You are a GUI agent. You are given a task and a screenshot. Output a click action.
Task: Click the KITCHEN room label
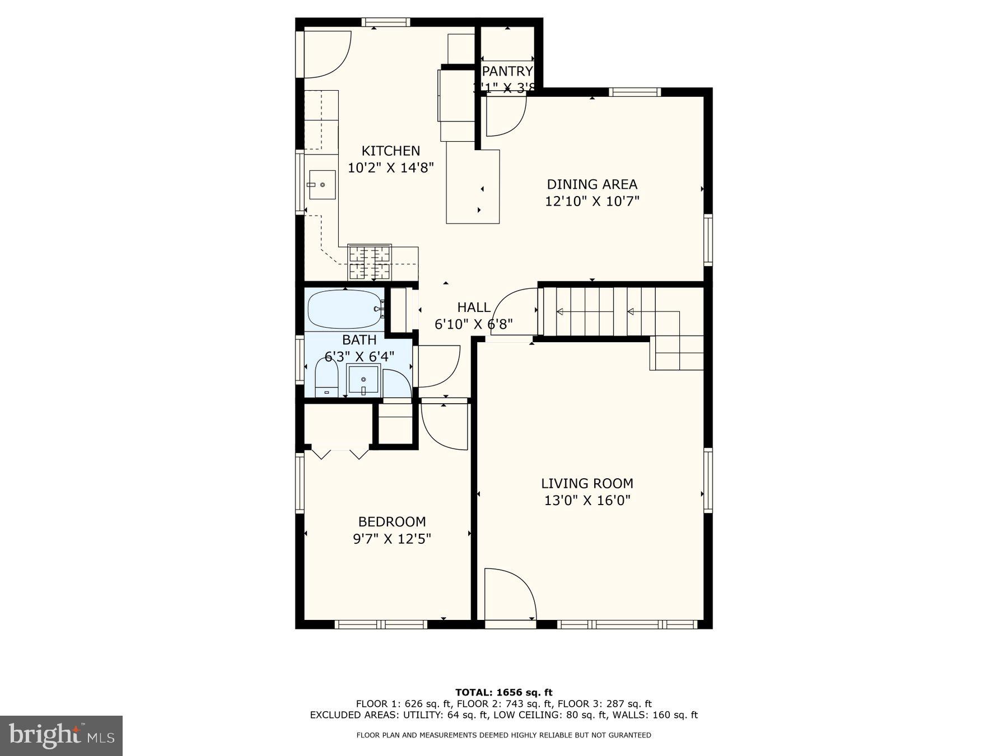point(390,151)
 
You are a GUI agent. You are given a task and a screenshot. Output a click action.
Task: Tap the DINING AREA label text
point(592,184)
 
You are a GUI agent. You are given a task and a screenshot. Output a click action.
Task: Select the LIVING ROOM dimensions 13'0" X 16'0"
point(587,500)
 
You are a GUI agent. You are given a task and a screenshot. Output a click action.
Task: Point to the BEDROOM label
point(392,522)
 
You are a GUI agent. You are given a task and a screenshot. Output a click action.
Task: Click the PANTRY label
point(507,72)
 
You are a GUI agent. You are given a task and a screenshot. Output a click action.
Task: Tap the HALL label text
point(474,307)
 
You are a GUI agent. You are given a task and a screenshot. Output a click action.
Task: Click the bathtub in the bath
point(344,309)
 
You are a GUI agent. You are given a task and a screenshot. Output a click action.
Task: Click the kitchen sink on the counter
point(321,185)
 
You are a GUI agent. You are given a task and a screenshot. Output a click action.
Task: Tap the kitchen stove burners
point(370,262)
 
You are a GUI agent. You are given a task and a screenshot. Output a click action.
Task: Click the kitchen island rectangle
point(472,186)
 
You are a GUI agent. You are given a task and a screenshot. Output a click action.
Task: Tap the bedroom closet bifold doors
point(340,453)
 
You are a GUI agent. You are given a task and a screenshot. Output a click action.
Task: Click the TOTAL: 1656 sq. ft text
point(503,693)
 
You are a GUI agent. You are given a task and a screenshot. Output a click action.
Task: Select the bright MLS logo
point(61,735)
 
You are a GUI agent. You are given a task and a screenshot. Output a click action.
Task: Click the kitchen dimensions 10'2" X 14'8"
point(390,167)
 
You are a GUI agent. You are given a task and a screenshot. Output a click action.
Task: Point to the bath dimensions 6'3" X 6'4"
point(360,356)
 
